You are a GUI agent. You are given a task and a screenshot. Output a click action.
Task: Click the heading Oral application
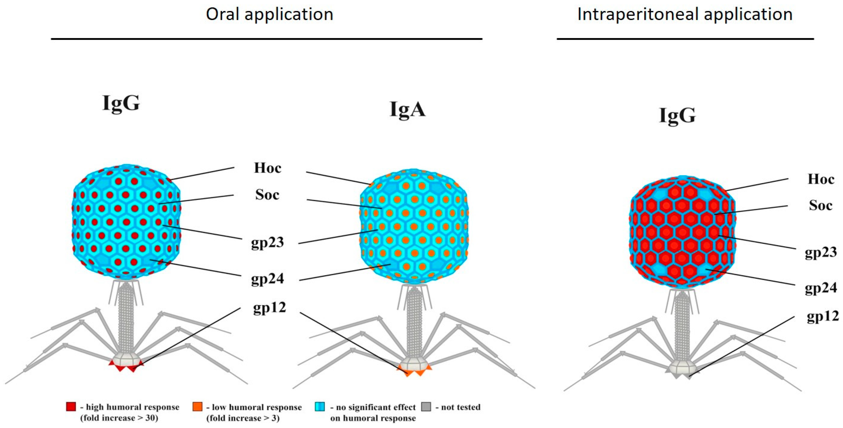pos(269,15)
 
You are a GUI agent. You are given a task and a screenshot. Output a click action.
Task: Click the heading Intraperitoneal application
pos(685,15)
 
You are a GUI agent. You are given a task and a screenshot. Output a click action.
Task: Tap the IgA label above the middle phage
pos(407,110)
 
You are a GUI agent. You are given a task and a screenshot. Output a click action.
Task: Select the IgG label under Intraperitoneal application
pos(677,116)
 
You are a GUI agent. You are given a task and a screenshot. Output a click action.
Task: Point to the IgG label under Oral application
pos(121,103)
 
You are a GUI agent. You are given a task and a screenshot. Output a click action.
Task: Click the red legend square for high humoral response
pos(71,407)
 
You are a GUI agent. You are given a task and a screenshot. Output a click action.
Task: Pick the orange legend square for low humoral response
pos(197,407)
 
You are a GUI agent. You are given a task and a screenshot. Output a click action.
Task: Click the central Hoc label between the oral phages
pos(267,168)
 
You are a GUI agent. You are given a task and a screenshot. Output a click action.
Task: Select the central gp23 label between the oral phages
pos(267,243)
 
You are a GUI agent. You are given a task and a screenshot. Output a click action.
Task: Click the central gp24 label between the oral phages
pos(267,279)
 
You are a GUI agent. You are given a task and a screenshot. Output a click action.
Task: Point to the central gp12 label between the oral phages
pos(269,308)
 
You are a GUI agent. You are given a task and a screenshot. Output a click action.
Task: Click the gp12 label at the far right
pos(823,317)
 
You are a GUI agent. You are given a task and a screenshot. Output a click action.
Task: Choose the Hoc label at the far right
pos(821,179)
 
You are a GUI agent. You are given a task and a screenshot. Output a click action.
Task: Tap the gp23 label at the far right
pos(821,252)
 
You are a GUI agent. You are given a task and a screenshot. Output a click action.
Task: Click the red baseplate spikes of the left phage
pos(126,367)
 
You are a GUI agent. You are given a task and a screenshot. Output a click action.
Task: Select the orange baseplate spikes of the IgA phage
pos(414,372)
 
